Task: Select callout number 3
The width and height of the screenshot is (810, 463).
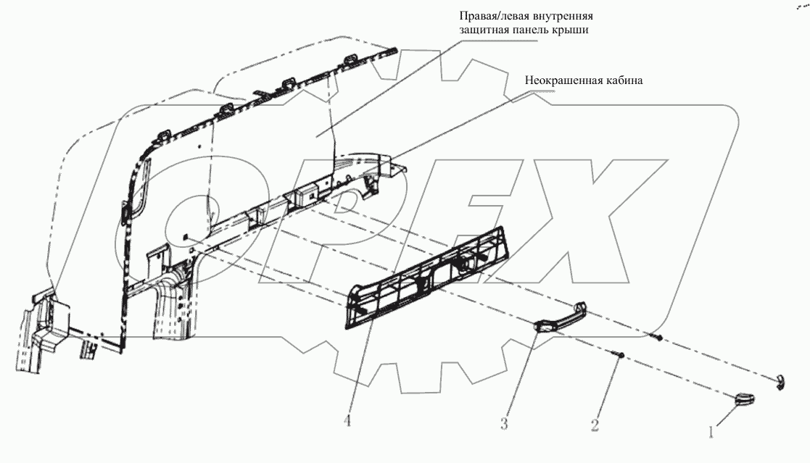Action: pos(503,422)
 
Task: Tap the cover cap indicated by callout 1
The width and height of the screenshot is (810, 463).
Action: pos(742,396)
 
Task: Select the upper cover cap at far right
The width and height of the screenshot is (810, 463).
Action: pos(778,381)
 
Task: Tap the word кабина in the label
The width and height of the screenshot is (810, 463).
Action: pos(621,81)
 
